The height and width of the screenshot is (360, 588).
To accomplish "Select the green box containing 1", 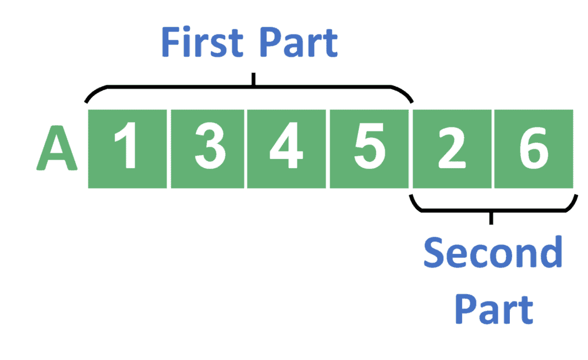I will [127, 149].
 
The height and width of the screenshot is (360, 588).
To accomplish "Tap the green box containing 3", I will [207, 149].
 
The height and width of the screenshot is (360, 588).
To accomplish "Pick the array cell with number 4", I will [287, 149].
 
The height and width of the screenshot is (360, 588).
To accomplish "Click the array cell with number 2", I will [451, 149].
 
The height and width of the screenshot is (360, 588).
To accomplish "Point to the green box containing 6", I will [533, 149].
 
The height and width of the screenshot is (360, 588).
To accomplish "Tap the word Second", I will [493, 253].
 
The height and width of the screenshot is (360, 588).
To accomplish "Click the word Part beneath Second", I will [494, 310].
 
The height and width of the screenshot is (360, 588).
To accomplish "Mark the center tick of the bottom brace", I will [491, 218].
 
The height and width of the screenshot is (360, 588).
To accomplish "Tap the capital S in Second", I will [435, 253].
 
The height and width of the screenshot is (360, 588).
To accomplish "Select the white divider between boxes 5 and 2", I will [410, 149].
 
